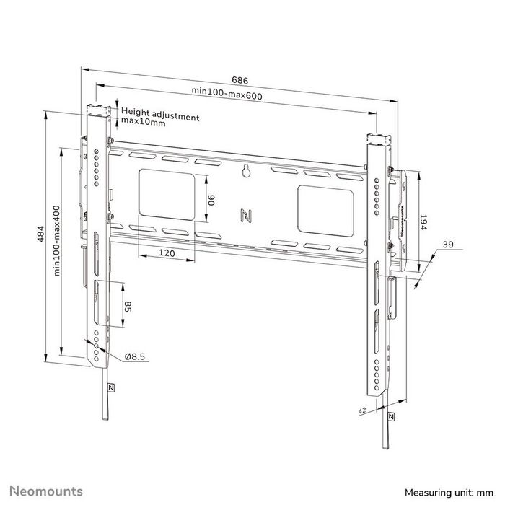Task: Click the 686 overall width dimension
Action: coord(238,79)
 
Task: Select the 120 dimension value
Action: coord(167,253)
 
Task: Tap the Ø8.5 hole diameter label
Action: coord(135,356)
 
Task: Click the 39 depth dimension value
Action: coord(448,246)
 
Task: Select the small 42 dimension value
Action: coord(362,410)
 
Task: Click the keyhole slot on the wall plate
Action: coord(245,172)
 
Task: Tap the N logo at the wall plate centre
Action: coord(244,214)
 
